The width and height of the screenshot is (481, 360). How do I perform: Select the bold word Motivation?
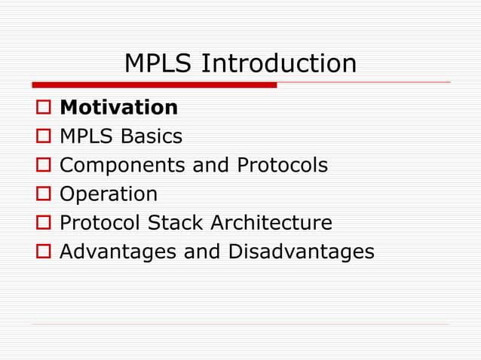[118, 108]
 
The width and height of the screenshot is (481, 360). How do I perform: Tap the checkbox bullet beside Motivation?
[42, 108]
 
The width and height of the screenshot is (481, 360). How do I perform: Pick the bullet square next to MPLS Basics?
[42, 137]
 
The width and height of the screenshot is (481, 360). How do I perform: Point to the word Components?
[123, 166]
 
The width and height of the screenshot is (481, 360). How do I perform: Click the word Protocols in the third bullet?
[283, 165]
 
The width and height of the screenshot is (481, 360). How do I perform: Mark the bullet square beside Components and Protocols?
[42, 166]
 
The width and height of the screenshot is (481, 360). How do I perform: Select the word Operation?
[109, 194]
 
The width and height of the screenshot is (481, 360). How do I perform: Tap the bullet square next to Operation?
[42, 194]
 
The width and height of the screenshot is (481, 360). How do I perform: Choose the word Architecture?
[271, 223]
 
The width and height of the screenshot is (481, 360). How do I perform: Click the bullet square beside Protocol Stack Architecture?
[42, 224]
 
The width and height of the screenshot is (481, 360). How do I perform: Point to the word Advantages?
[118, 252]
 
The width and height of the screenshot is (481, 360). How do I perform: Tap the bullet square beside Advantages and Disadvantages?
[42, 252]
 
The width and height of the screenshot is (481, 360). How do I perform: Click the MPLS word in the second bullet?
[85, 136]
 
